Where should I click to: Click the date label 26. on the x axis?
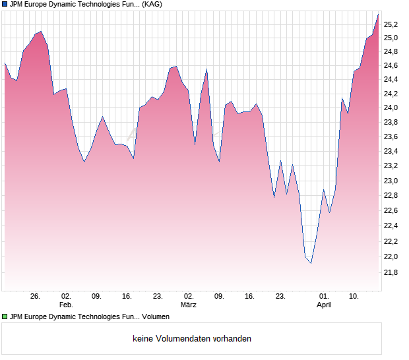click(x=36, y=297)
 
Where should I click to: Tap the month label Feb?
click(x=66, y=305)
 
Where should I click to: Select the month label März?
click(x=189, y=305)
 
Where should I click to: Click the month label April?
click(x=324, y=305)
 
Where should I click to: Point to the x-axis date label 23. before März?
click(x=158, y=297)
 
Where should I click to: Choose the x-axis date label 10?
click(x=354, y=297)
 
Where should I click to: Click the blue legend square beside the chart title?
click(x=5, y=5)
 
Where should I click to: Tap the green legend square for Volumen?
click(x=5, y=317)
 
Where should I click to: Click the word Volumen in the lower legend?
click(x=156, y=317)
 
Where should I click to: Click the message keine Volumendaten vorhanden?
click(x=192, y=339)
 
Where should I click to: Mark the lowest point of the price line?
click(x=311, y=263)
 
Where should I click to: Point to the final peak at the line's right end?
click(x=379, y=13)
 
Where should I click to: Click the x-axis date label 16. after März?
click(x=249, y=297)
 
